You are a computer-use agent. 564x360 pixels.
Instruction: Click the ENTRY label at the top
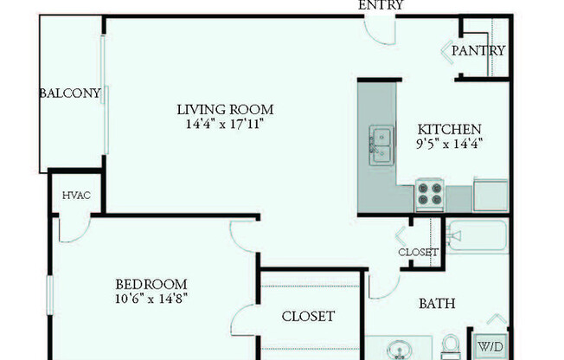click(381, 5)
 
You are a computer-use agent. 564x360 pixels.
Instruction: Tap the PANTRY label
click(478, 51)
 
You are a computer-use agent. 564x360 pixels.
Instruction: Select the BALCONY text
click(70, 93)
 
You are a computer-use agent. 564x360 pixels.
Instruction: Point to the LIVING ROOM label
click(225, 110)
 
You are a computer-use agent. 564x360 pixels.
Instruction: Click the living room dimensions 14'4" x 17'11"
click(225, 125)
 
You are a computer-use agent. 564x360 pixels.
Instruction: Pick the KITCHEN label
click(449, 129)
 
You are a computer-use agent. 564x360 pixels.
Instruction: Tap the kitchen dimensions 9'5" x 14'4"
click(449, 144)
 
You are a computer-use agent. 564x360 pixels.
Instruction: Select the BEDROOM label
click(152, 284)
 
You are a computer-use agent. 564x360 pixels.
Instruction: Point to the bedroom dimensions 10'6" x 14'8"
click(152, 299)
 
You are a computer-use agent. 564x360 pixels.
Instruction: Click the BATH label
click(437, 304)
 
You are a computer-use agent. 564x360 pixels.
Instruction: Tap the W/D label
click(490, 346)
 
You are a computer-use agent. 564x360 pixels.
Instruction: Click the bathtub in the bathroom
click(476, 235)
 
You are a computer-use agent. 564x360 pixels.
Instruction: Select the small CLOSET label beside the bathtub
click(419, 253)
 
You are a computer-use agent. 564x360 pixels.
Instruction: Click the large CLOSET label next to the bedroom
click(308, 317)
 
